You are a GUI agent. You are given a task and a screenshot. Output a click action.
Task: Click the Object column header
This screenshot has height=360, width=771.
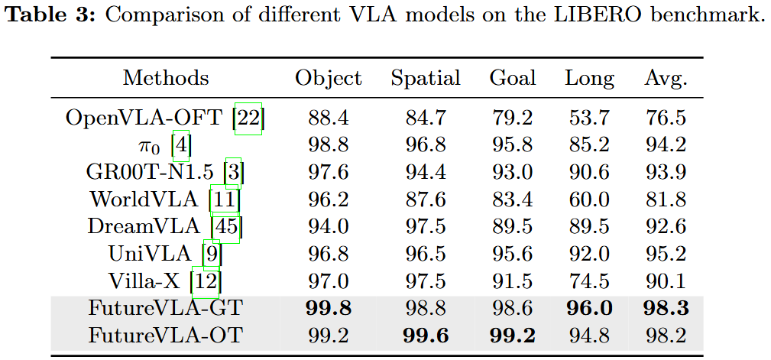coord(329,78)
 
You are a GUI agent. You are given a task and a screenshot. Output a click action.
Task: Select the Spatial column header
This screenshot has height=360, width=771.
coord(426,78)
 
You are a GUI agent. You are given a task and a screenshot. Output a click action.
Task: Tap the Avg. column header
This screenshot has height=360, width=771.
coord(666,78)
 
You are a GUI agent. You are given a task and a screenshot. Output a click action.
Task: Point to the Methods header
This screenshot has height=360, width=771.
coord(166,78)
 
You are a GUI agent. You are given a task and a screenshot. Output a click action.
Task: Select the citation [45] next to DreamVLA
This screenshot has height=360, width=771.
coord(227,227)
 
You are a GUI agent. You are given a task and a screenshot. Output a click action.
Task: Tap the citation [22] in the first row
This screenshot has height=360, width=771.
coord(249,118)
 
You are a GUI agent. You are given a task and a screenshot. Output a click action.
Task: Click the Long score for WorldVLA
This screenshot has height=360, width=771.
coord(589,199)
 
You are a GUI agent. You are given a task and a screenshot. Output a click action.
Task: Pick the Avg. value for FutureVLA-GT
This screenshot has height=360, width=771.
coord(666,308)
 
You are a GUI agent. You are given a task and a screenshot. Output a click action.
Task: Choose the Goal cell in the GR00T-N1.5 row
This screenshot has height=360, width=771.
coord(513,173)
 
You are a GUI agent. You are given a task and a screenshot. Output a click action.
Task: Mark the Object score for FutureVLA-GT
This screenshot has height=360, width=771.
coord(329,308)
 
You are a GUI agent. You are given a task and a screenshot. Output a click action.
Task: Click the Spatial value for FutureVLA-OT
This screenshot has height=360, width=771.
coord(426,336)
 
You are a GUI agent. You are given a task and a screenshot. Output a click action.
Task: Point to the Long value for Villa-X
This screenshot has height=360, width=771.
coord(589,281)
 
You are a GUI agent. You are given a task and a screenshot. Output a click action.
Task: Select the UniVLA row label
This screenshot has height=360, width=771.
coord(153,254)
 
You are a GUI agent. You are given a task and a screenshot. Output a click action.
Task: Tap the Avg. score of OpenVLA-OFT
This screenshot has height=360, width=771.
coord(666,118)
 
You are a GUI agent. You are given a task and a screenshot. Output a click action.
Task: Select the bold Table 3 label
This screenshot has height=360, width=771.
coord(50,17)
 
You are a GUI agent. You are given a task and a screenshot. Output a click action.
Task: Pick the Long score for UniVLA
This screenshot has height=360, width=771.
coord(589,254)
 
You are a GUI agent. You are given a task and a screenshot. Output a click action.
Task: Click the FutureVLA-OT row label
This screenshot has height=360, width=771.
coord(166,336)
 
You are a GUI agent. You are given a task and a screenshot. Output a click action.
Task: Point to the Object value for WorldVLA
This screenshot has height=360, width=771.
coord(329,199)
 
